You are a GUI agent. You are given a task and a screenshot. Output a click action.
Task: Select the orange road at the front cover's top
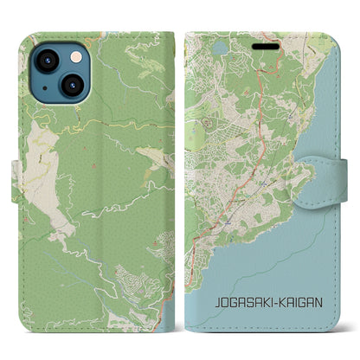[279, 53]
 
